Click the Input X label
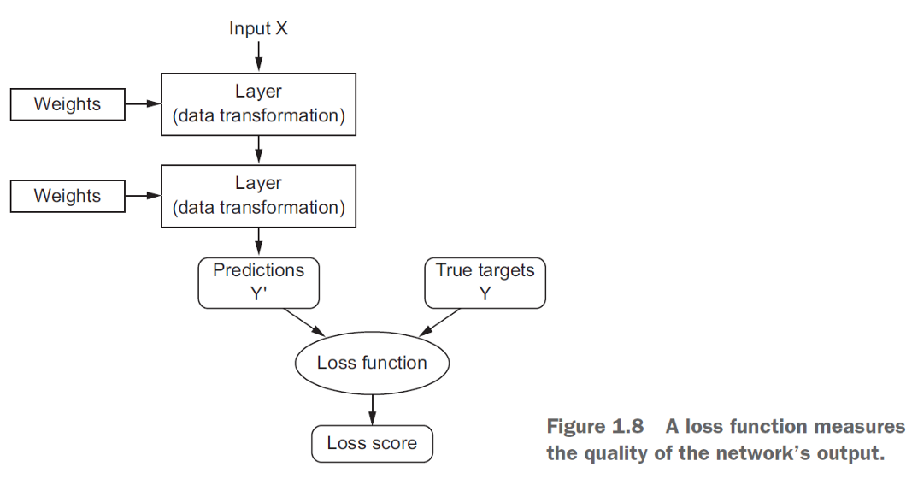pos(258,28)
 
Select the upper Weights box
pos(67,104)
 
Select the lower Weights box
pos(67,196)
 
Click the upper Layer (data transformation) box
pos(258,104)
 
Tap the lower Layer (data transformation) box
pos(258,196)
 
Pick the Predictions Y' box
pos(258,283)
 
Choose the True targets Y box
pos(485,283)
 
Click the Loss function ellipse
pos(372,363)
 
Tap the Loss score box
pos(372,443)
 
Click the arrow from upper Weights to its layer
pos(143,104)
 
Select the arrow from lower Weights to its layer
pos(143,196)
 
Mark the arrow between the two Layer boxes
pos(258,150)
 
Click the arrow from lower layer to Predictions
pos(258,240)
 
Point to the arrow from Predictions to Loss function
pos(304,322)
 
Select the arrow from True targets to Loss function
pos(439,322)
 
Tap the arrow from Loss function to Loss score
pos(372,408)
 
